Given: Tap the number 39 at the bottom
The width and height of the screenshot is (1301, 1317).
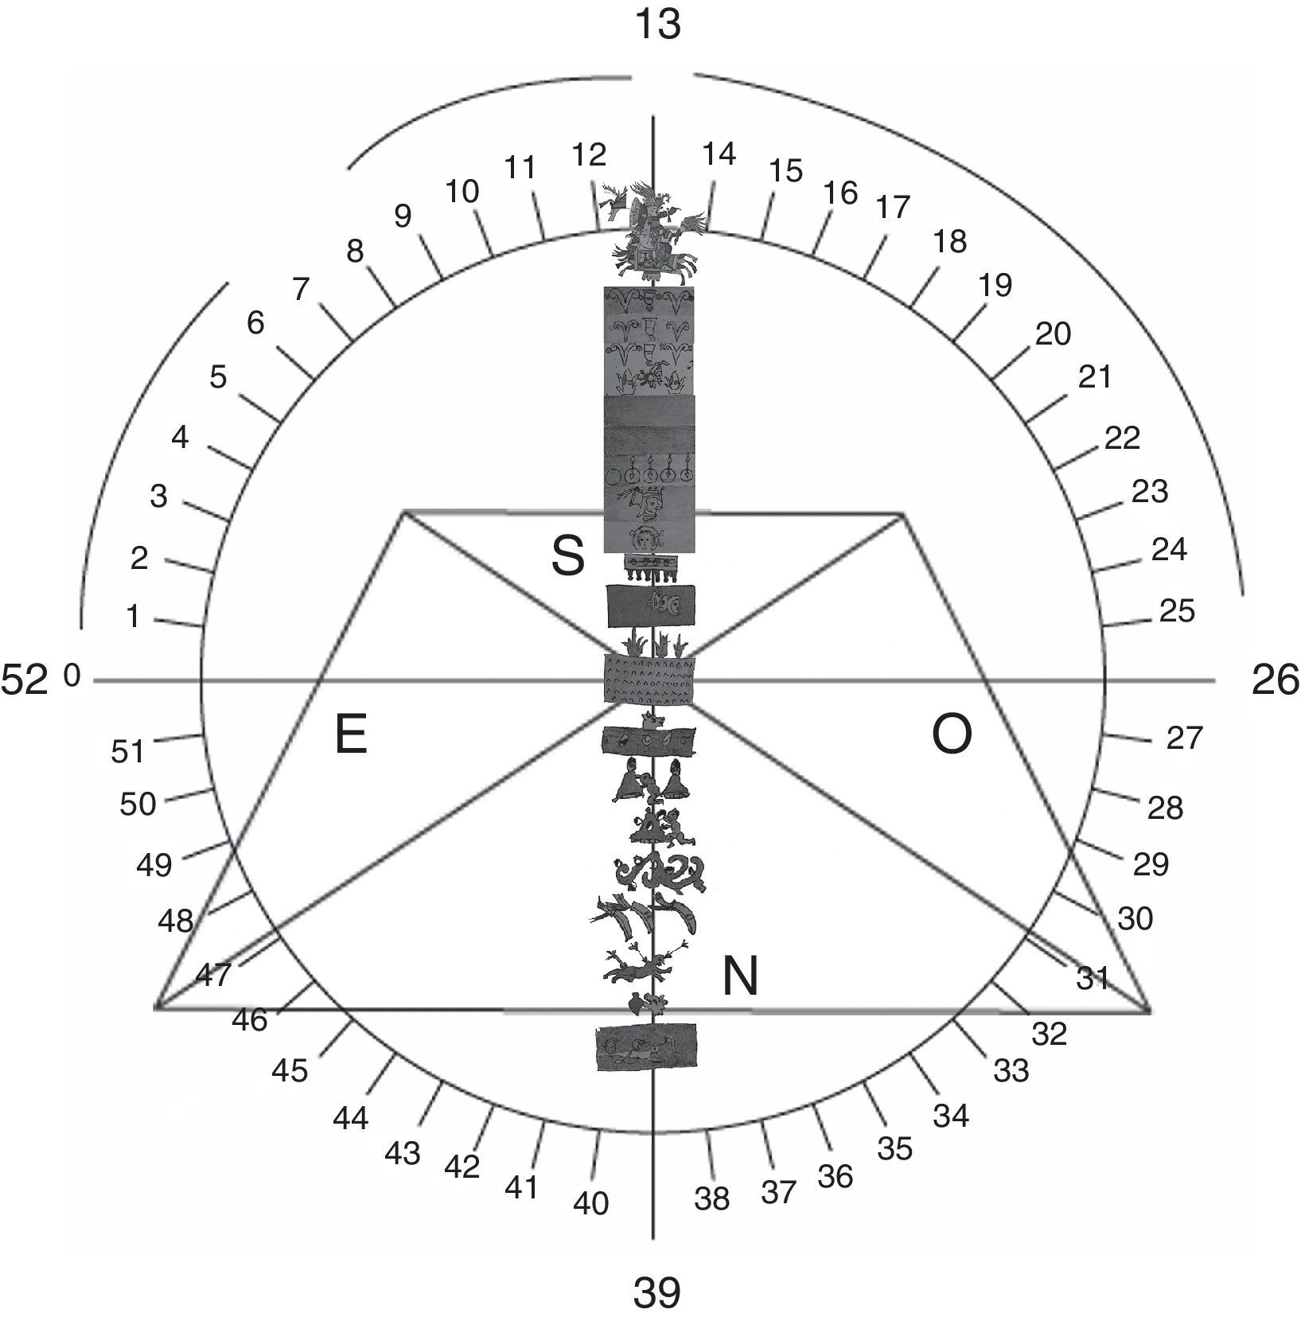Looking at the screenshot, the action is [657, 1292].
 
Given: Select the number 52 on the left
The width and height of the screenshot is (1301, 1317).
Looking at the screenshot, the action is [25, 680].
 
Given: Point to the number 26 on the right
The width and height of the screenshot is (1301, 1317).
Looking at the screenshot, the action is [1276, 680].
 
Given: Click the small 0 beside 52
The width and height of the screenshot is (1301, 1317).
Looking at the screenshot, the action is [72, 677].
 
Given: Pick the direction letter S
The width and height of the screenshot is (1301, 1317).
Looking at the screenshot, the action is [568, 555].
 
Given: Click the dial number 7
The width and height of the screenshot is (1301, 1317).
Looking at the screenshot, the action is [300, 290].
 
